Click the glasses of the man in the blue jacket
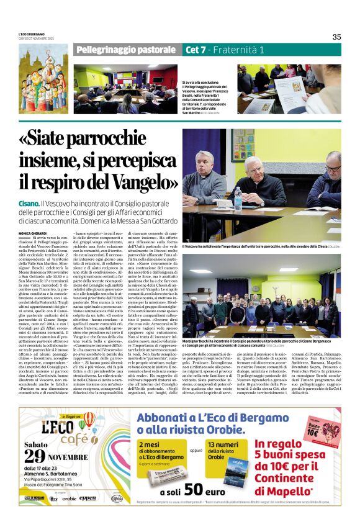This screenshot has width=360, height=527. [332, 168]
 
